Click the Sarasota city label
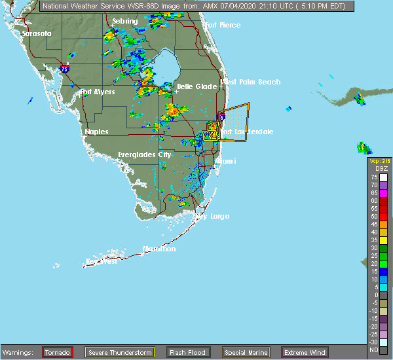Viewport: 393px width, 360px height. click(x=36, y=33)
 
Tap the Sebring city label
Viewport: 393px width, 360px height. click(x=124, y=21)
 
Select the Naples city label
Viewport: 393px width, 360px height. click(x=96, y=132)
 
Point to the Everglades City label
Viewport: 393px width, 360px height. click(x=144, y=154)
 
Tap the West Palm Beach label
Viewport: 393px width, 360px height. click(x=251, y=82)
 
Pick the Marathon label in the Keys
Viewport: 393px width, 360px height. click(x=160, y=249)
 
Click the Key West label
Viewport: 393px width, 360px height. click(x=101, y=262)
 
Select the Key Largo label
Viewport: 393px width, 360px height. click(x=212, y=216)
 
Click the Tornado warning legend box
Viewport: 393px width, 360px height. click(x=58, y=352)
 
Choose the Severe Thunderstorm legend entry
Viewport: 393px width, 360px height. click(x=120, y=352)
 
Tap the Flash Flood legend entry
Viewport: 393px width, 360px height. click(x=188, y=352)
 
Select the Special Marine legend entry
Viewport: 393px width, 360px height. click(x=249, y=352)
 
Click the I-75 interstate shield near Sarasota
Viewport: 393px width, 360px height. click(x=64, y=68)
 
